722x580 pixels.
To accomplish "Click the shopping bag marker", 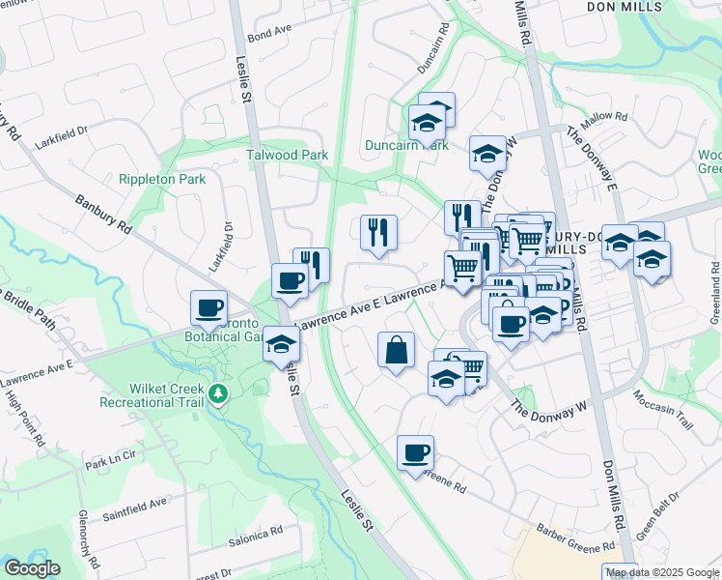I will tap(396, 350).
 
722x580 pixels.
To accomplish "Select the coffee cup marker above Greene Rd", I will tap(415, 452).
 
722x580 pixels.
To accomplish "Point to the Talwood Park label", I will tap(287, 155).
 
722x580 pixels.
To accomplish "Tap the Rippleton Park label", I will tap(163, 180).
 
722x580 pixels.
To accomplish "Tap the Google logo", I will tap(32, 568).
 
